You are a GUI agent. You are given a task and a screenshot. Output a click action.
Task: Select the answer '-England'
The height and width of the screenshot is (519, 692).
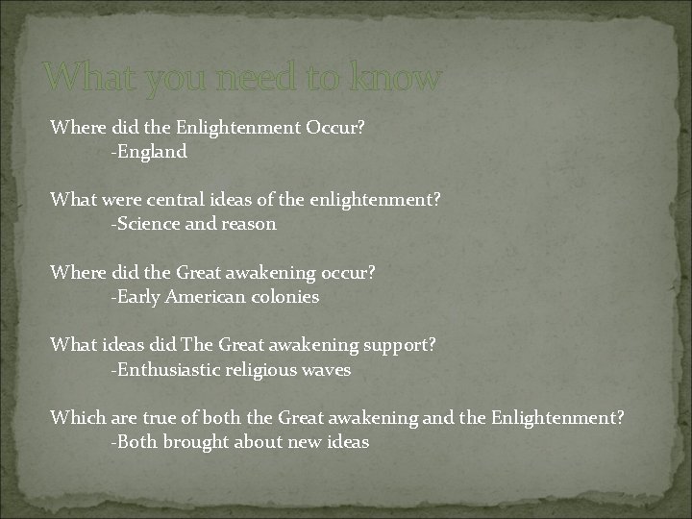tap(149, 151)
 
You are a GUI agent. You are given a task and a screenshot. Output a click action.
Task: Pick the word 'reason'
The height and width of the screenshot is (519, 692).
tap(249, 224)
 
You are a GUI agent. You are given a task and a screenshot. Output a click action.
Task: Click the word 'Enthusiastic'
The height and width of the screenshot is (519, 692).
tap(166, 370)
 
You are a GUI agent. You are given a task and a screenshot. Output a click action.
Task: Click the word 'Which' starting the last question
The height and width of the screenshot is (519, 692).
tap(74, 418)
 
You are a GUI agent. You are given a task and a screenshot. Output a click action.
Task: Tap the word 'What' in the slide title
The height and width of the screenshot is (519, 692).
tap(85, 78)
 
